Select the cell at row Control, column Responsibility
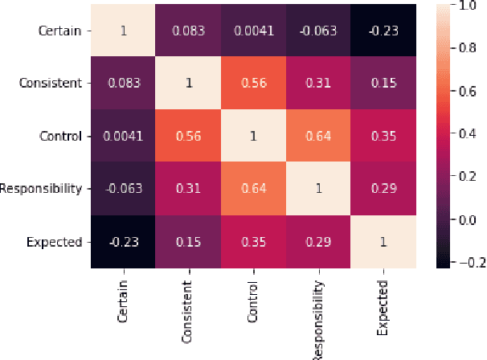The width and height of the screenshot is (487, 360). pos(317,136)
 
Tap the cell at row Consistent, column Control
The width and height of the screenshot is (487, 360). pos(252,83)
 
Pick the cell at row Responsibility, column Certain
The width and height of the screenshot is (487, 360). pos(122,189)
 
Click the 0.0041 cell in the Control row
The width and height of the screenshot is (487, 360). pos(122,136)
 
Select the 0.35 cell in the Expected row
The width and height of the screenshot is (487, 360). pos(252,242)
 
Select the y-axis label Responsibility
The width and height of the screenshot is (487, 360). pos(42,189)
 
